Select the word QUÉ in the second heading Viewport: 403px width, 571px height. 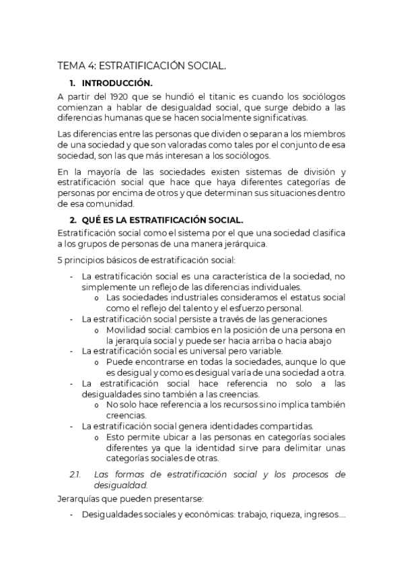tap(93, 220)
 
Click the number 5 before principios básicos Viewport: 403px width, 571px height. tap(61, 259)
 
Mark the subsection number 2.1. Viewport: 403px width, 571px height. tap(75, 474)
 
